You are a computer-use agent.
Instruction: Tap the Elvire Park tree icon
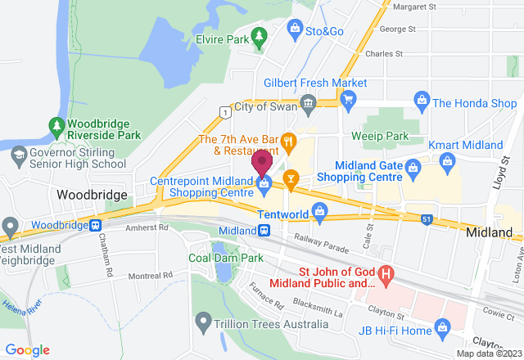(x=260, y=36)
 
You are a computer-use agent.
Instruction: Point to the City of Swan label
(x=265, y=107)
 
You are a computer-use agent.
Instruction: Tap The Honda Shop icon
(x=422, y=102)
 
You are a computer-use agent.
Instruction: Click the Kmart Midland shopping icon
(x=448, y=161)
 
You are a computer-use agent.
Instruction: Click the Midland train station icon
(x=265, y=231)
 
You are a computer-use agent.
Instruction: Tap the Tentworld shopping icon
(x=318, y=214)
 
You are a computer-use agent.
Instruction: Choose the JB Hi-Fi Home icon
(x=443, y=330)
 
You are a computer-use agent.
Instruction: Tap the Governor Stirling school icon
(x=19, y=153)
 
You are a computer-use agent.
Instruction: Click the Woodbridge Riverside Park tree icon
(x=56, y=126)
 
